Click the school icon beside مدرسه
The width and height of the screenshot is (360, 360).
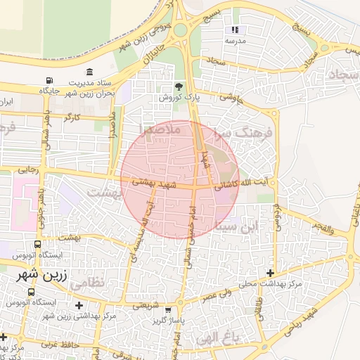pyautogui.click(x=235, y=30)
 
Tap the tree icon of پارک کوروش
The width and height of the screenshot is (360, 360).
pyautogui.click(x=179, y=86)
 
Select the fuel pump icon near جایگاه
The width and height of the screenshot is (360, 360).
pyautogui.click(x=49, y=82)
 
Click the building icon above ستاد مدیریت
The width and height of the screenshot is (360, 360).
pyautogui.click(x=90, y=72)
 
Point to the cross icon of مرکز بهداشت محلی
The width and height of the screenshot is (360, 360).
pyautogui.click(x=270, y=273)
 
